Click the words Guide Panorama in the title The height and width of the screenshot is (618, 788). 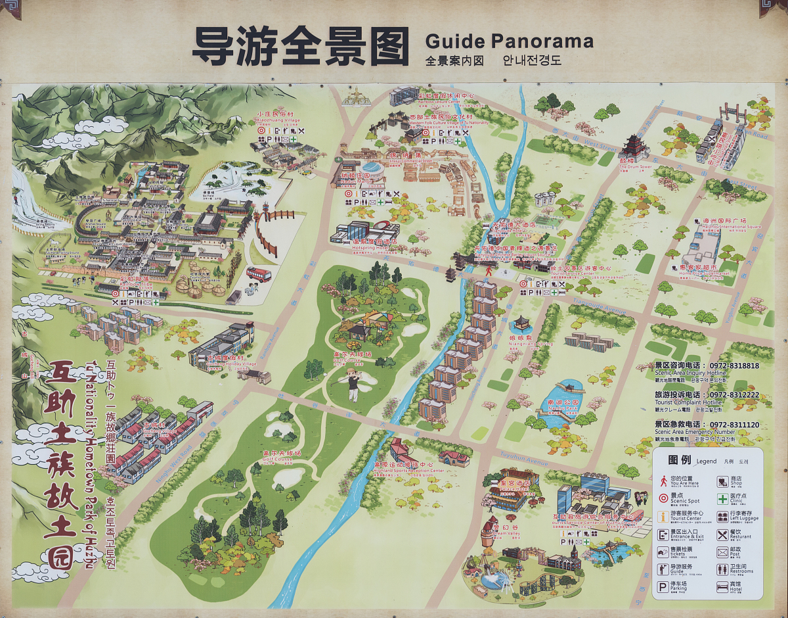509,41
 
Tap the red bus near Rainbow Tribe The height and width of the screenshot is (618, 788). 259,275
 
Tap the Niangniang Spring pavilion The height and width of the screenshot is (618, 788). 522,324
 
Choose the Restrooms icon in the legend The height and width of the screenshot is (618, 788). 722,569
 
